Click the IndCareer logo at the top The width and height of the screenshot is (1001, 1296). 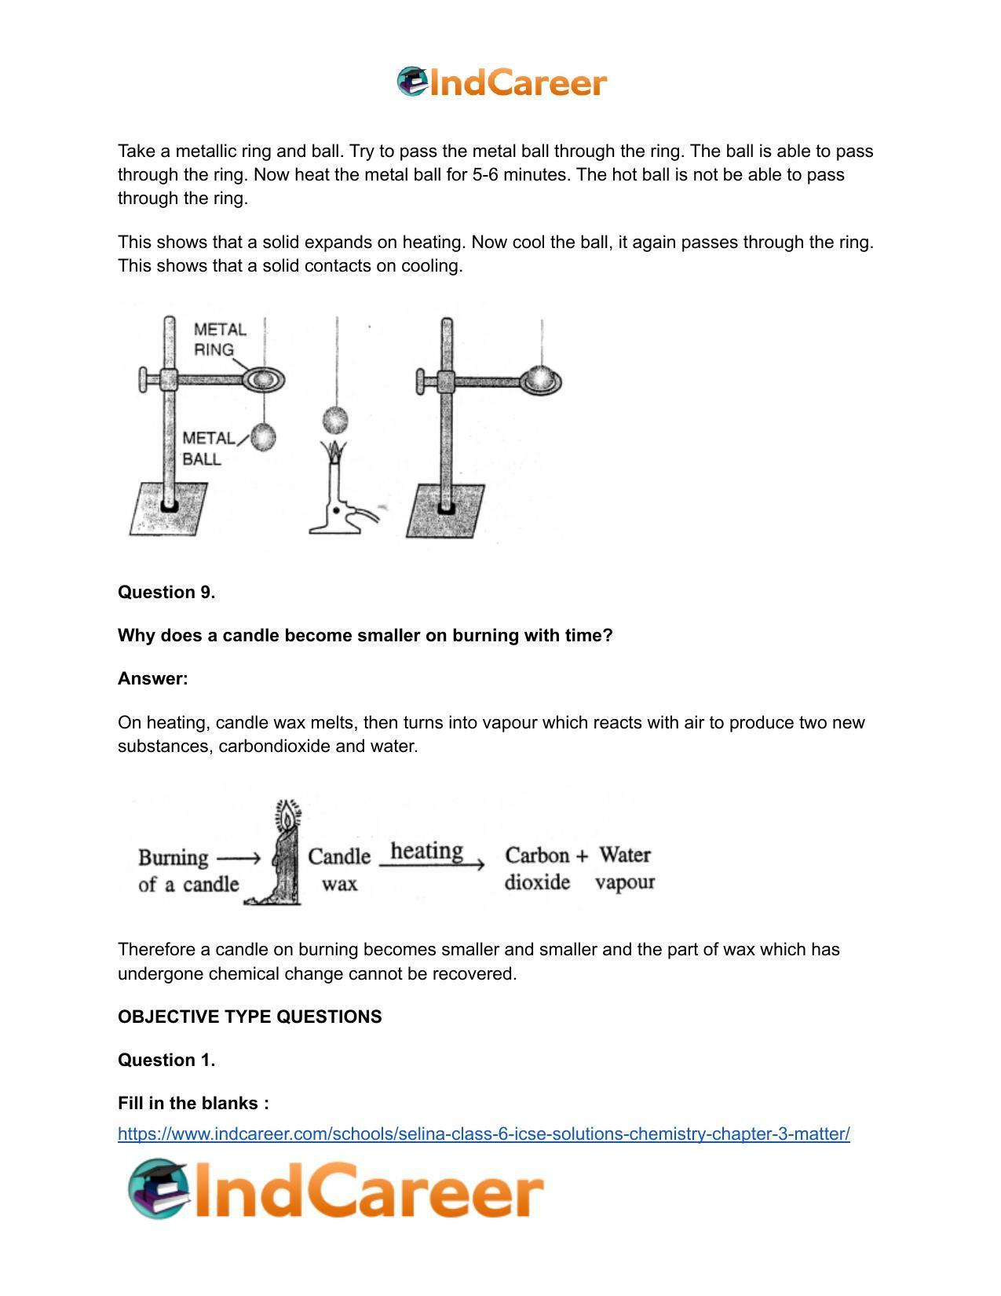pyautogui.click(x=502, y=82)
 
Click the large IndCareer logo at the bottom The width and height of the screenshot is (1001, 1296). pyautogui.click(x=336, y=1189)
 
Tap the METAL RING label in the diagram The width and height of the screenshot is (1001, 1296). pyautogui.click(x=219, y=339)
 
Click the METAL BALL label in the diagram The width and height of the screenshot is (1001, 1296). pyautogui.click(x=206, y=448)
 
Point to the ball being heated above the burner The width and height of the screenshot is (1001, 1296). pyautogui.click(x=336, y=420)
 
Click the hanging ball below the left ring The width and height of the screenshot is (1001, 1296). pyautogui.click(x=263, y=437)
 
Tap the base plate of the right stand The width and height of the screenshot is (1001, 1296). pyautogui.click(x=445, y=511)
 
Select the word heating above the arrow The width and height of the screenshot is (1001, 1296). pyautogui.click(x=426, y=850)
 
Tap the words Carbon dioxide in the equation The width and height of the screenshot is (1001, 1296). pyautogui.click(x=539, y=869)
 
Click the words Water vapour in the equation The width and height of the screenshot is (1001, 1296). pyautogui.click(x=625, y=869)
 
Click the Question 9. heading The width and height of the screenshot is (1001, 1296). pyautogui.click(x=166, y=593)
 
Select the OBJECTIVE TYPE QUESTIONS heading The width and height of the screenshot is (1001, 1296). pyautogui.click(x=250, y=1017)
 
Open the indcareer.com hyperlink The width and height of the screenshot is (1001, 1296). pyautogui.click(x=484, y=1134)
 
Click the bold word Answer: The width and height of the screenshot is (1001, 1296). pyautogui.click(x=153, y=679)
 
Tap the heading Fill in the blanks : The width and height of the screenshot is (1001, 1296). pyautogui.click(x=193, y=1103)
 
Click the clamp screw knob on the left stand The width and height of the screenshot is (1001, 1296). pyautogui.click(x=145, y=380)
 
